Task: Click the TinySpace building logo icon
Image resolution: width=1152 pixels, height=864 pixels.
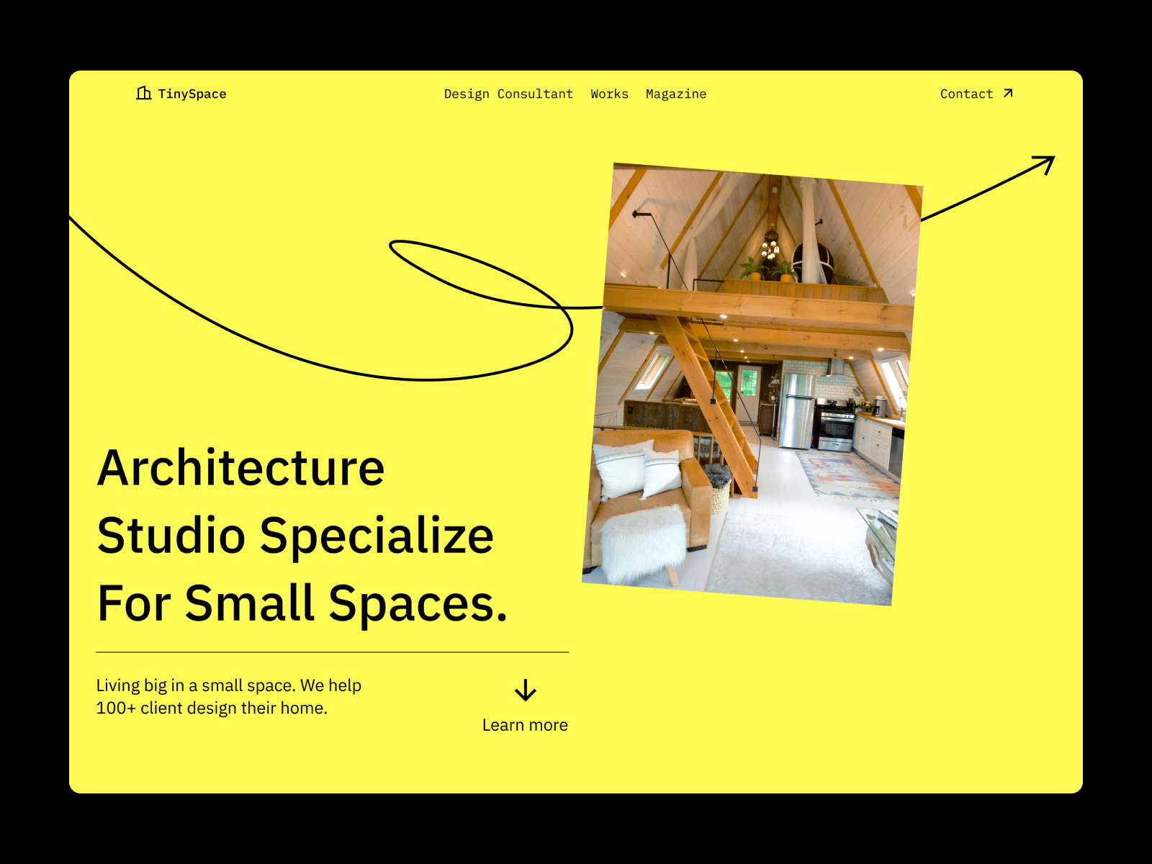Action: [144, 93]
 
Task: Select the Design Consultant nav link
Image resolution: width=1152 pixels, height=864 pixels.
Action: [508, 94]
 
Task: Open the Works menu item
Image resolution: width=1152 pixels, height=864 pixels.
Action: [609, 94]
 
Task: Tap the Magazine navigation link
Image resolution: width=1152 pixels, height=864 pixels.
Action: [676, 94]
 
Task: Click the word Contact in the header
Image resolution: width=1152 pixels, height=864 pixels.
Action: [966, 94]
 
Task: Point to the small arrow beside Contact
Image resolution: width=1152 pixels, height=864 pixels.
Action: [1008, 93]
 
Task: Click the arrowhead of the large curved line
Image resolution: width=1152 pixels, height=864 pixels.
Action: [1045, 163]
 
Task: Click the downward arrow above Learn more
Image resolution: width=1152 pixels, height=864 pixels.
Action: [526, 690]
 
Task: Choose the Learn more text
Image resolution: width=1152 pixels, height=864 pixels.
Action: [525, 725]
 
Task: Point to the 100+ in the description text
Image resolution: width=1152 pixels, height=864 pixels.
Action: [116, 708]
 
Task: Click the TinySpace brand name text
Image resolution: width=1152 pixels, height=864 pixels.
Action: [192, 94]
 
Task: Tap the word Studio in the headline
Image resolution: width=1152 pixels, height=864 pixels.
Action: [171, 536]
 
